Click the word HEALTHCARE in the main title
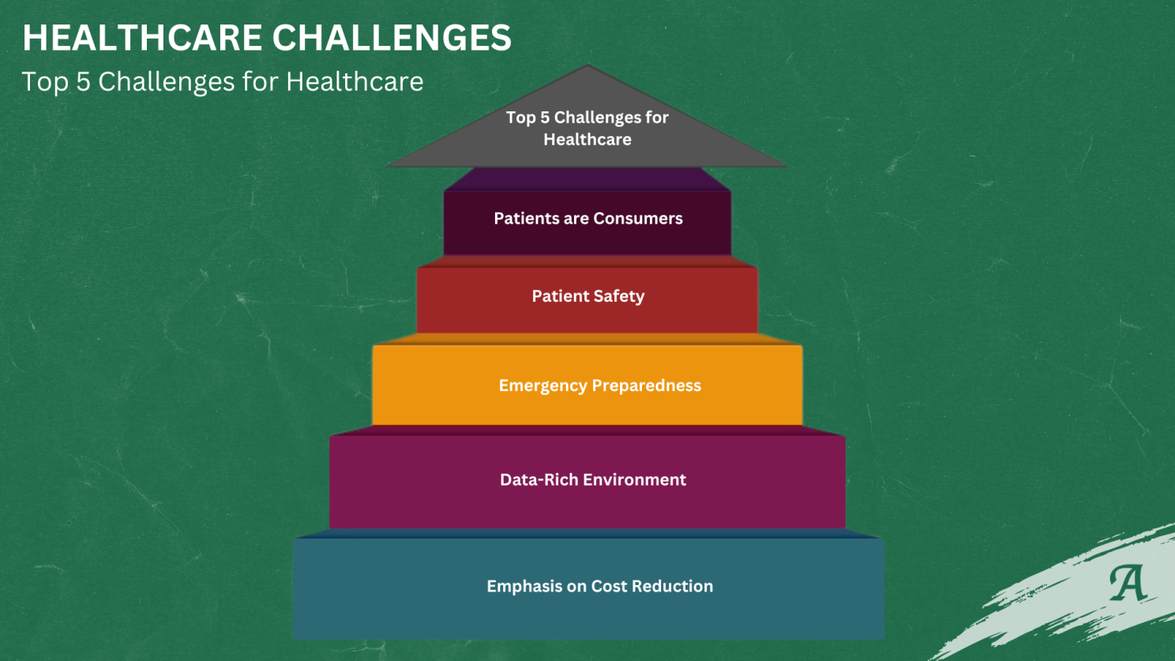(141, 38)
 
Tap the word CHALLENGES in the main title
(392, 38)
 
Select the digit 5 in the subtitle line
(84, 82)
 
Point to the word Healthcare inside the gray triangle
(587, 140)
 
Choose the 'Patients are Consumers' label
(588, 218)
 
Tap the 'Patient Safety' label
(588, 296)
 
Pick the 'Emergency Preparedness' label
(599, 386)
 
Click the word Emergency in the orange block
(543, 386)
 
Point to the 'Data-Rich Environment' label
(593, 479)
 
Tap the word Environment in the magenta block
(634, 479)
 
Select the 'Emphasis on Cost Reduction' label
(599, 586)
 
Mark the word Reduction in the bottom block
(673, 586)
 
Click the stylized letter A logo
(1128, 583)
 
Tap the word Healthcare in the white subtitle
(355, 82)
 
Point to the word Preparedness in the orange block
(647, 386)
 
